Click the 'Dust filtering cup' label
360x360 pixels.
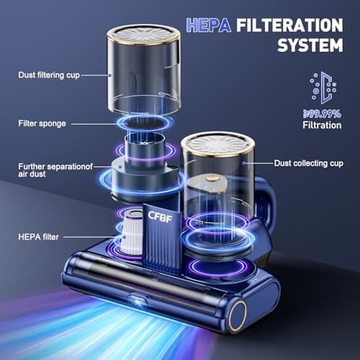click(48, 73)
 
